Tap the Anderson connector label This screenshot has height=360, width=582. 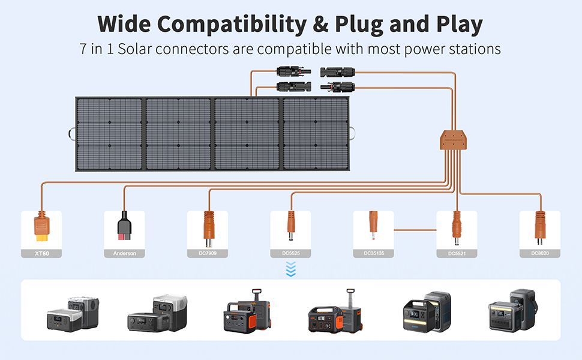124,254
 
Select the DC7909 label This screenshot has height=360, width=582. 208,254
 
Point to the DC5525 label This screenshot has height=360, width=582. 290,254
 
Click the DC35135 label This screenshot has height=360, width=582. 373,254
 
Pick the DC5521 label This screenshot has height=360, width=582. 457,254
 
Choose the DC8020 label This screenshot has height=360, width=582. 539,254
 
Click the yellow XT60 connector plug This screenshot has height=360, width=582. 41,227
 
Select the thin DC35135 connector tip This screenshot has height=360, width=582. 373,225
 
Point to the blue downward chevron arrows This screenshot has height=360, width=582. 291,271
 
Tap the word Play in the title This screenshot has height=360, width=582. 454,25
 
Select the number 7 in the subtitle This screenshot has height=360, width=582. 82,49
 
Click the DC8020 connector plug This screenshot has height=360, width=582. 539,227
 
